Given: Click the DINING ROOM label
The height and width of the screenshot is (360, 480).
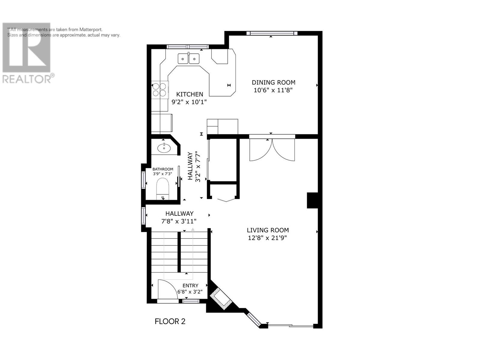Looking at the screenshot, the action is [273, 82].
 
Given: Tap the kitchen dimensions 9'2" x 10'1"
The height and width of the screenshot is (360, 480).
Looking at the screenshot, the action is [189, 102].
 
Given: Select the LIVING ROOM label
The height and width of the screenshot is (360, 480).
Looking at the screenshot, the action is [268, 230].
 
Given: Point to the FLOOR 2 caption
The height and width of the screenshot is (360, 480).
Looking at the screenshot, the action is [170, 321].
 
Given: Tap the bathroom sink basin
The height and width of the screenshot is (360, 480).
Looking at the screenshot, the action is [164, 148].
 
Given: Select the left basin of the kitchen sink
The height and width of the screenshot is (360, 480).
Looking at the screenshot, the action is [183, 59].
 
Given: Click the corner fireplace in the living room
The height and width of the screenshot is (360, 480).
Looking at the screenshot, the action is [220, 299].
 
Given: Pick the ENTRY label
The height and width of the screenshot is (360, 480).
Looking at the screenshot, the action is [190, 286].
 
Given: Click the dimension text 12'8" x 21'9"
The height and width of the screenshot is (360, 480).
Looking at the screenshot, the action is [267, 238].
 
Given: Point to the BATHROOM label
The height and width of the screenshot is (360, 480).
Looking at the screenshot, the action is [163, 169].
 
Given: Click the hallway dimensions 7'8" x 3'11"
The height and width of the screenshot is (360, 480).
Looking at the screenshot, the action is [179, 221].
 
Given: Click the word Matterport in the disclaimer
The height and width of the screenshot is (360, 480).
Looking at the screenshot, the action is [91, 29].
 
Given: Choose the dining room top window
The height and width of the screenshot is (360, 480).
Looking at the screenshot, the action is [272, 33].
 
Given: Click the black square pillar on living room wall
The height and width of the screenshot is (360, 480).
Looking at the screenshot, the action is [312, 200].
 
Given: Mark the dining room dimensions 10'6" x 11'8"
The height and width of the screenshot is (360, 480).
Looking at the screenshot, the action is [273, 90].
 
